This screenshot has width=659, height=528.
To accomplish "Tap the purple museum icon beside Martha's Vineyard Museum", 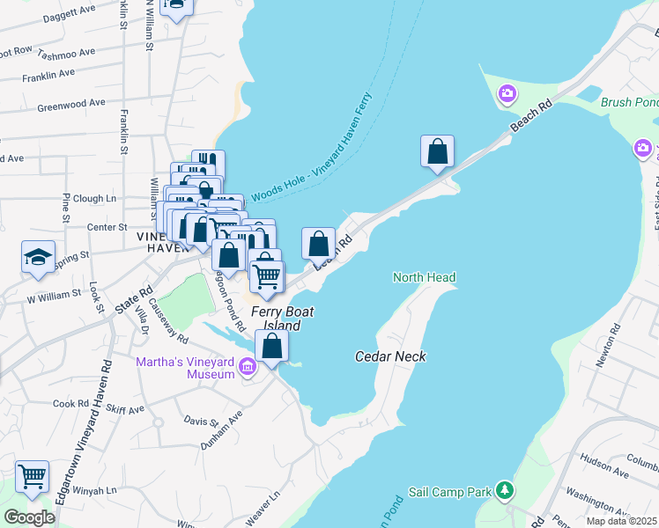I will coord(248,367).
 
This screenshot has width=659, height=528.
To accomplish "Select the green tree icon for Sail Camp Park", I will coord(503,488).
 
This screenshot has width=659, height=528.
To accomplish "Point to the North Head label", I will coord(424,278).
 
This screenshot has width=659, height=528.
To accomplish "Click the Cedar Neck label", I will coord(390,356).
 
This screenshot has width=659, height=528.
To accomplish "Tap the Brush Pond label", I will coord(629,103).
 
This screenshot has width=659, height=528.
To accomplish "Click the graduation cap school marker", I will coord(39,257).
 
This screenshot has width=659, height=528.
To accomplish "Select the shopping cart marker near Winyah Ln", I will coord(32,477).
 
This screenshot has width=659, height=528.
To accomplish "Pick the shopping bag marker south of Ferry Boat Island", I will coord(273,346).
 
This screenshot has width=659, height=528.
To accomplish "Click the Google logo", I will coord(29,517).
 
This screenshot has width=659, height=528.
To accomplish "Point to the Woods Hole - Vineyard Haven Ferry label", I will coord(312,150).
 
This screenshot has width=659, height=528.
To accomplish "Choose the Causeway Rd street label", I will coord(168,325).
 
